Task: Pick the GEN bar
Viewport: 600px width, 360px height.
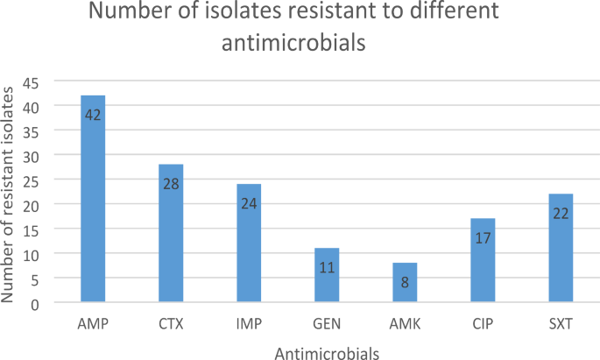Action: (x=327, y=275)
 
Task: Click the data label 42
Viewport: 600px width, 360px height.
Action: (x=93, y=115)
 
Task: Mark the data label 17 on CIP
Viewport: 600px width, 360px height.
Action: (x=483, y=237)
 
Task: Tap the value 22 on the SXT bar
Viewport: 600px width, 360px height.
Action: (x=561, y=213)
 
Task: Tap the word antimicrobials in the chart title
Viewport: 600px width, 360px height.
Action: (x=300, y=42)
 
